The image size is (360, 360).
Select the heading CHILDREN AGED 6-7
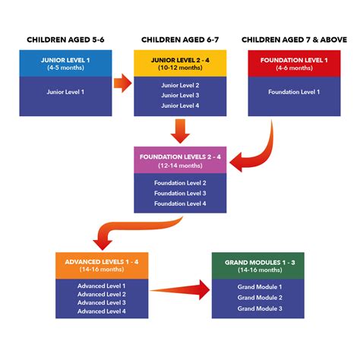point(181,39)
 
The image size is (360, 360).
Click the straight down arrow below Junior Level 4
point(181,131)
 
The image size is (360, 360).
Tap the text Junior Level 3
point(181,96)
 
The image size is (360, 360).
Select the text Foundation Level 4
point(181,204)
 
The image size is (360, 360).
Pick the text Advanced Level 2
point(101,294)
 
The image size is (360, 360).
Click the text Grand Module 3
point(259,308)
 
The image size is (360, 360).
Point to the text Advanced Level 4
point(101,311)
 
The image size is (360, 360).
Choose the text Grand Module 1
point(259,286)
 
